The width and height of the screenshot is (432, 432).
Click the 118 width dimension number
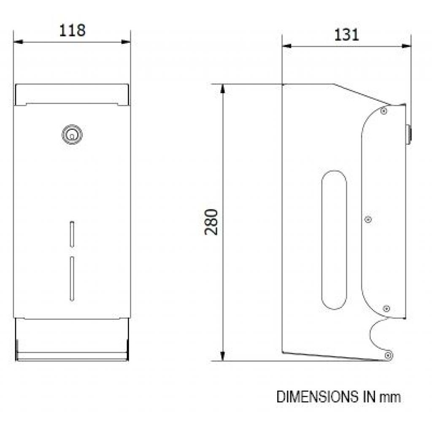click(x=72, y=31)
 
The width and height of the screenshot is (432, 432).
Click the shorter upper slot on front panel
click(x=72, y=233)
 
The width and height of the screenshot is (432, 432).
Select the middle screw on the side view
click(x=368, y=219)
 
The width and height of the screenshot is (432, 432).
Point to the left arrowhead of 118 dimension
click(x=18, y=41)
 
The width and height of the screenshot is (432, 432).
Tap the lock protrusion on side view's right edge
click(x=408, y=135)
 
